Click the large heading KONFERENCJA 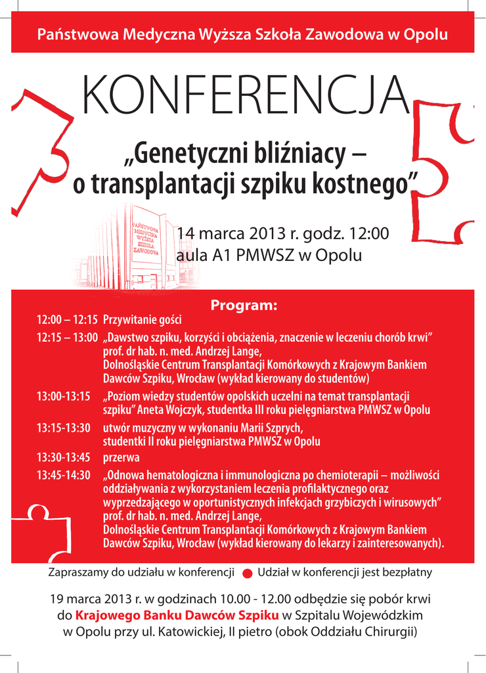[x=242, y=97]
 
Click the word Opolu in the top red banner [x=426, y=34]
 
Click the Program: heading [x=244, y=306]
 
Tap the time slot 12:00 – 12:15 [x=67, y=320]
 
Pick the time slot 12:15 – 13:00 [x=67, y=337]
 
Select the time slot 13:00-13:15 [x=63, y=397]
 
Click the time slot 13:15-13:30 [x=63, y=428]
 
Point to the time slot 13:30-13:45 [x=63, y=457]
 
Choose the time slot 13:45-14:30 [x=63, y=475]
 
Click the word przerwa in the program [x=121, y=457]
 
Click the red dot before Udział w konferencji [x=247, y=573]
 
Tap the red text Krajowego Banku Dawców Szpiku [x=177, y=615]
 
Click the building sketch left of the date [x=131, y=250]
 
